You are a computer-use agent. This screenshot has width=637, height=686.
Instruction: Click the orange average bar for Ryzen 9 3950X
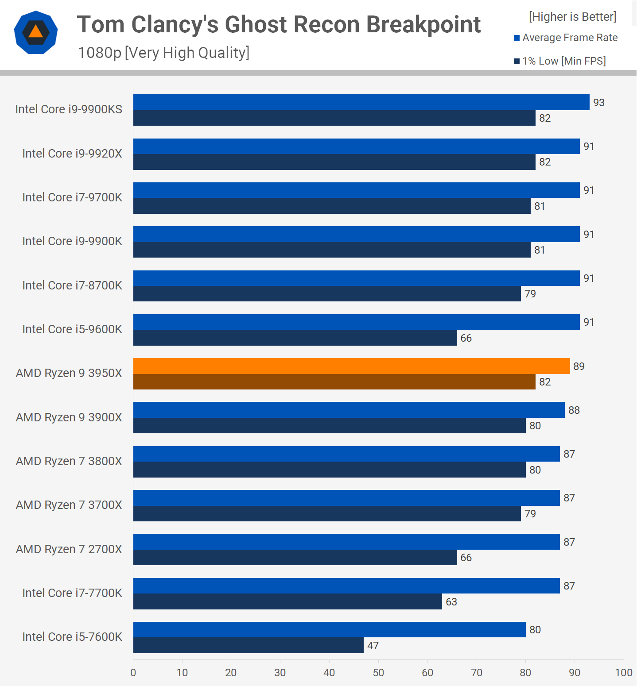click(351, 366)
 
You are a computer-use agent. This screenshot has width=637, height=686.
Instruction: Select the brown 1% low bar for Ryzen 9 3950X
click(334, 382)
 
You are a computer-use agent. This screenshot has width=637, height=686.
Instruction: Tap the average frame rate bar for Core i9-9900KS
click(361, 102)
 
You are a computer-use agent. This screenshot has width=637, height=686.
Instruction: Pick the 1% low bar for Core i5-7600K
click(248, 645)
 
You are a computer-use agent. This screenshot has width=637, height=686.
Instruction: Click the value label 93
click(599, 103)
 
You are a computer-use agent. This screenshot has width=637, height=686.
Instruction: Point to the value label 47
click(373, 646)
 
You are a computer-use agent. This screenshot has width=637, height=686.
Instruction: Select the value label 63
click(451, 602)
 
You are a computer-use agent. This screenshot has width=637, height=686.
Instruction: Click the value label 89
click(579, 366)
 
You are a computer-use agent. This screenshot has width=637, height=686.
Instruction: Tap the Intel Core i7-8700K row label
click(72, 285)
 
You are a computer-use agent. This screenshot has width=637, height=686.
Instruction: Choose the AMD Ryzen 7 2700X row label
click(69, 549)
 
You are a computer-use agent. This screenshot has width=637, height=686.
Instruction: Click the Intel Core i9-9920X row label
click(72, 154)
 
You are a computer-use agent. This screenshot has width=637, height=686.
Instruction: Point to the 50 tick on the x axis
click(378, 673)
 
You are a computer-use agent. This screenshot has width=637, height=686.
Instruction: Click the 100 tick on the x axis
click(624, 673)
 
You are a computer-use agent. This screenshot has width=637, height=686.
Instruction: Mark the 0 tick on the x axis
click(133, 673)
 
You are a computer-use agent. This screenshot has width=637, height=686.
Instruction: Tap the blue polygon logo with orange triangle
click(36, 32)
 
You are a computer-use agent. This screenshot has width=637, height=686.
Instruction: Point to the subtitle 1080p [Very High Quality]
click(163, 53)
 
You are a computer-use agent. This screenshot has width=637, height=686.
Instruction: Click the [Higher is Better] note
click(572, 17)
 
